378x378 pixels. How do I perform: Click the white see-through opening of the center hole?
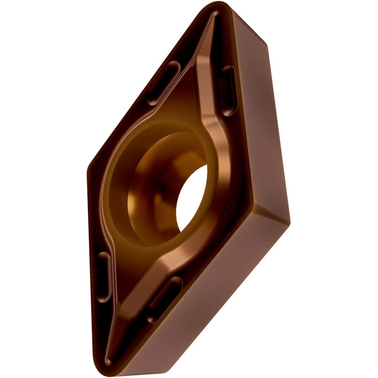pyautogui.click(x=193, y=197)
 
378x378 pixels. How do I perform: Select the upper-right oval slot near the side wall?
pyautogui.click(x=228, y=90)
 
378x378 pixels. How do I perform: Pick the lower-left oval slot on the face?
pyautogui.click(x=103, y=277)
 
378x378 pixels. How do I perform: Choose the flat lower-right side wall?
pyautogui.click(x=208, y=301)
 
